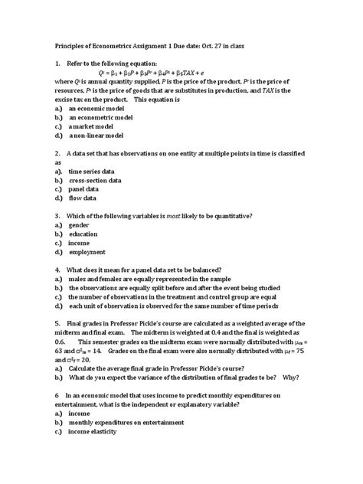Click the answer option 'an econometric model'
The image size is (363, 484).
coord(101,118)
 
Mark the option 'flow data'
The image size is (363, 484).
coord(83,198)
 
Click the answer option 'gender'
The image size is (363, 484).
coord(79,226)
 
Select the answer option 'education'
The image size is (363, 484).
coord(83,234)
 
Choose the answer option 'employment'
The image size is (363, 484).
coord(87,251)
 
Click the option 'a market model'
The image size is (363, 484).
coord(93,126)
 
